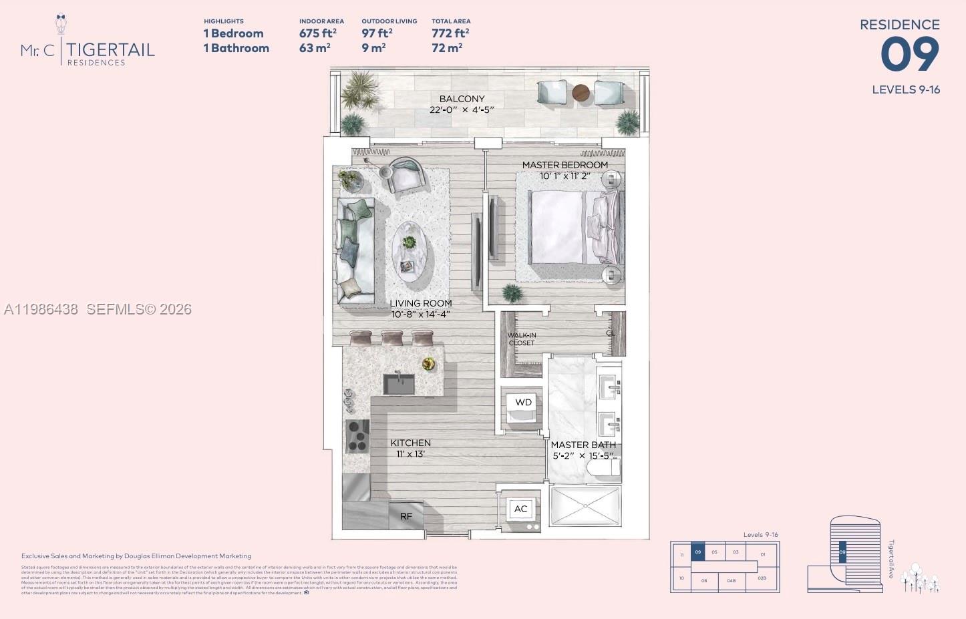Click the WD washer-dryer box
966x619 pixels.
pyautogui.click(x=523, y=403)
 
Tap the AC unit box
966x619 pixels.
pyautogui.click(x=520, y=509)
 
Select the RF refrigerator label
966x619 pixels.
pyautogui.click(x=406, y=516)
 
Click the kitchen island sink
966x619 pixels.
pyautogui.click(x=399, y=384)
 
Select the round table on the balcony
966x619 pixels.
pyautogui.click(x=581, y=93)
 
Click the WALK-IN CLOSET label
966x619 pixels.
pyautogui.click(x=522, y=339)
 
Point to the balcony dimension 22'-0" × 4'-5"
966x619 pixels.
pyautogui.click(x=462, y=110)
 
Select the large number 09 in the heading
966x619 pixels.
pyautogui.click(x=909, y=55)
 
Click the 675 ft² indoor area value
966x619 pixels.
pyautogui.click(x=317, y=33)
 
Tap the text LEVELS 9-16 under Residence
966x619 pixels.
pyautogui.click(x=905, y=89)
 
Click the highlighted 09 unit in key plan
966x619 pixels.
pyautogui.click(x=697, y=552)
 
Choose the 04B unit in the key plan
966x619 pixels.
pyautogui.click(x=731, y=580)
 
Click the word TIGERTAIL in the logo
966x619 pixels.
pyautogui.click(x=111, y=49)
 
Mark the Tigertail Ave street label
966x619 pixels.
pyautogui.click(x=891, y=559)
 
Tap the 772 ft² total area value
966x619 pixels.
pyautogui.click(x=450, y=33)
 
